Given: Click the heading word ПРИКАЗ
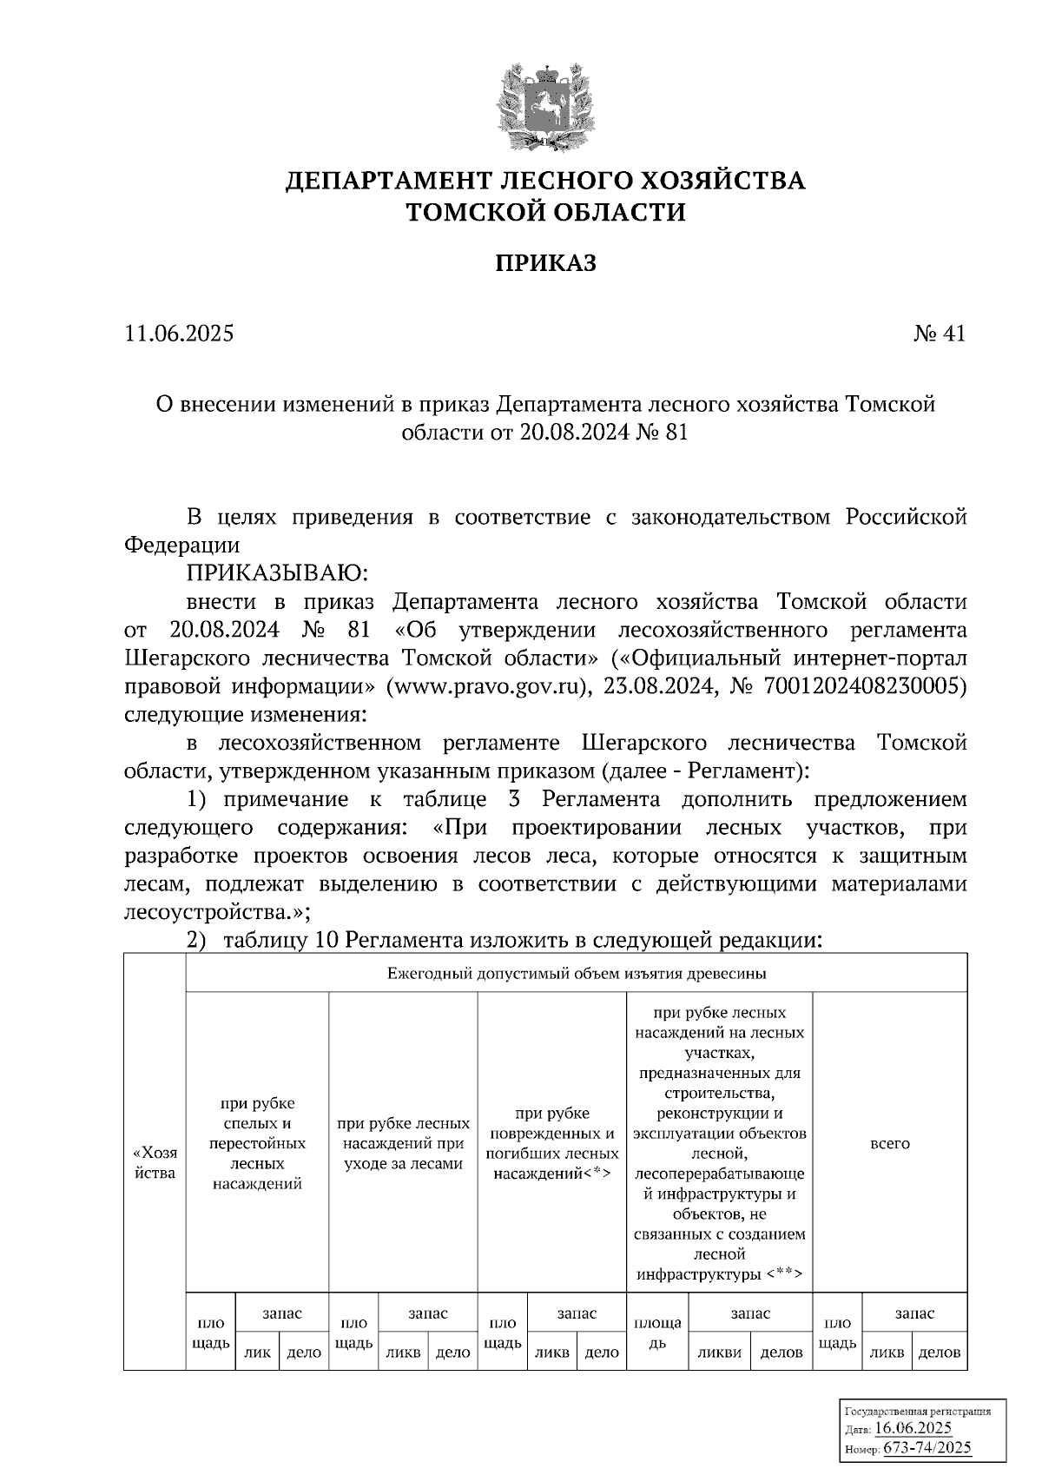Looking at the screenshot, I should [545, 263].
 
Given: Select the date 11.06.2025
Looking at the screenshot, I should [179, 334].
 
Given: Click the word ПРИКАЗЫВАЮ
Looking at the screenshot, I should [277, 573].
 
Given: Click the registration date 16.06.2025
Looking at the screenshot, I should [913, 1428].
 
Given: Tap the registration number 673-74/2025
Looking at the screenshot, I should [927, 1447].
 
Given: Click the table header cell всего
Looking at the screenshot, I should [889, 1143].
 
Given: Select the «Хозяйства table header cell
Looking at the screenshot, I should [155, 1162].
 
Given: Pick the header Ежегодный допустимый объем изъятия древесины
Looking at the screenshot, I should [576, 973].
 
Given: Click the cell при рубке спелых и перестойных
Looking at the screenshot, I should [257, 1143].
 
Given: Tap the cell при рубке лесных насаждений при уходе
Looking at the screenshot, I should [403, 1143].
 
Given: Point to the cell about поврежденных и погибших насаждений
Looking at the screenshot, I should [552, 1143].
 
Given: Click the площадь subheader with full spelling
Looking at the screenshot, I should [657, 1333].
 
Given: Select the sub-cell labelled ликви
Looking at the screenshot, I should [719, 1353].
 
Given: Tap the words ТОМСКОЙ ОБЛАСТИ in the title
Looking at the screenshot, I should [545, 212].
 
